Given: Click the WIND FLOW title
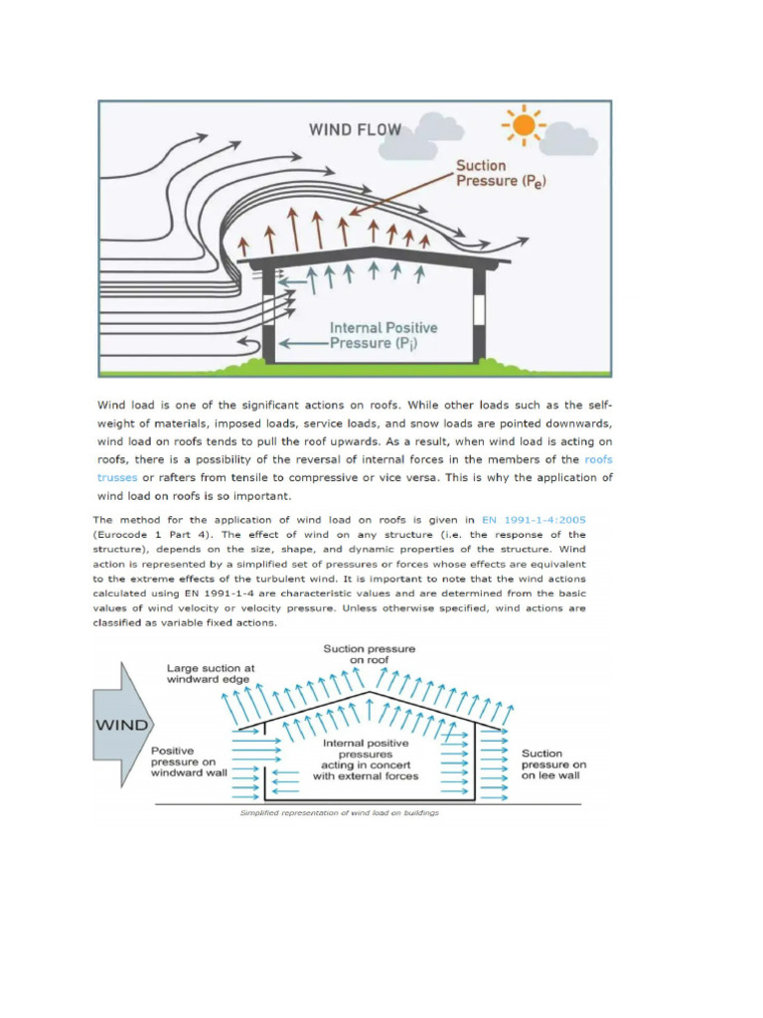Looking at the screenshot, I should point(355,128).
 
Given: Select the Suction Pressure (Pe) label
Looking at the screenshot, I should point(501,173).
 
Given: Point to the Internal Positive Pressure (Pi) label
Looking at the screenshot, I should point(382,335).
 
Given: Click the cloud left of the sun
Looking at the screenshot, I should point(441,126).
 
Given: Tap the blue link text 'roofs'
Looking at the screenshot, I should point(598,459).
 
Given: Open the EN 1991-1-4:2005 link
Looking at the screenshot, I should point(533,519).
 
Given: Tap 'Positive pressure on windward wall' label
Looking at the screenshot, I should point(188,762).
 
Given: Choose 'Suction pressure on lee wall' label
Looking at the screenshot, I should point(553,764).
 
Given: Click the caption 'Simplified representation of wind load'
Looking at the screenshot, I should point(339,812).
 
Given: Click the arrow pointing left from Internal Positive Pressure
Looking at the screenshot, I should point(302,343).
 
